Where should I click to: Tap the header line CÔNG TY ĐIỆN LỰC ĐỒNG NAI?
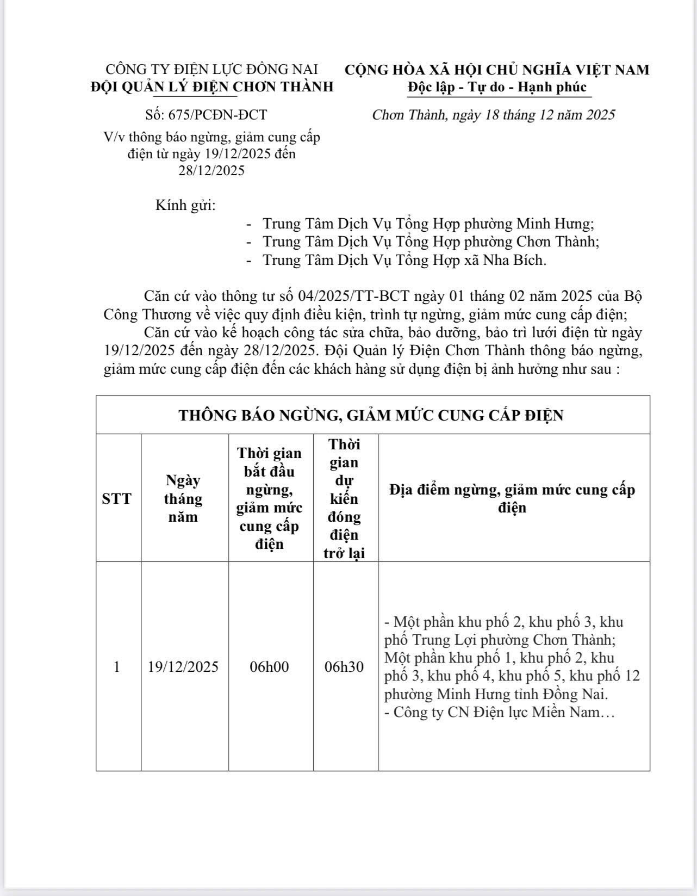(211, 70)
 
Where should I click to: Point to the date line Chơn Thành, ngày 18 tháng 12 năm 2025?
(493, 115)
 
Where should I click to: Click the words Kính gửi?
(185, 206)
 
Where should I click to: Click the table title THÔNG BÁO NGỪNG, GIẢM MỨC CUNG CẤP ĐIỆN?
(371, 416)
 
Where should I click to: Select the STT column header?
(117, 498)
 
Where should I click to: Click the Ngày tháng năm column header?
(183, 498)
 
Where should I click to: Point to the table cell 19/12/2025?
(183, 667)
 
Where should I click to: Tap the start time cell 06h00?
(270, 667)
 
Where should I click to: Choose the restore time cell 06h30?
(344, 667)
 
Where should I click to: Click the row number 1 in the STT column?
(117, 667)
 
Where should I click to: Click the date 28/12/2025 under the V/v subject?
(211, 171)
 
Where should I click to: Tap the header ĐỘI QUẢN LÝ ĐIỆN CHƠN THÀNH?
(211, 87)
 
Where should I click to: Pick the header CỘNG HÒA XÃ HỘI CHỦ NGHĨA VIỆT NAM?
(497, 70)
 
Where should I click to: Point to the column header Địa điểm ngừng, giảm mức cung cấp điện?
(512, 498)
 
